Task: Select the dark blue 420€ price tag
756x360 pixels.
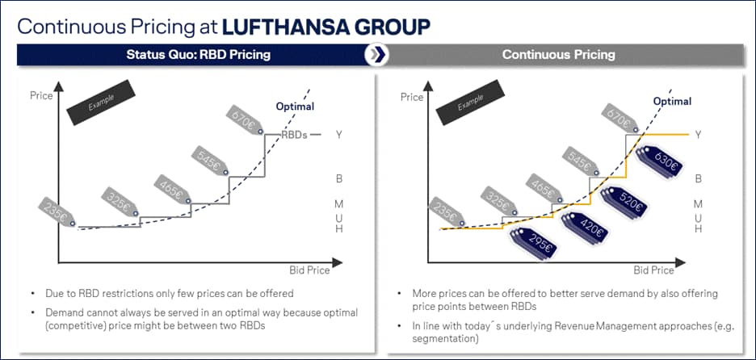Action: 586,228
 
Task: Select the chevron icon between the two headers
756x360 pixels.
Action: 376,54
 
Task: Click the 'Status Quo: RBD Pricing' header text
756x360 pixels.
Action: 198,54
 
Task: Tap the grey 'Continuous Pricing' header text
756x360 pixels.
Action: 558,54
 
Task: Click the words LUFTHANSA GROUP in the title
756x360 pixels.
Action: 326,27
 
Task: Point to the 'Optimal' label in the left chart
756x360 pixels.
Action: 295,107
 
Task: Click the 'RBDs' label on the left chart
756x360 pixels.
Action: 294,135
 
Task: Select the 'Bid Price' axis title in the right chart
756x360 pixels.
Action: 653,270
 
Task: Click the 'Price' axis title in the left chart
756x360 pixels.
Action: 41,95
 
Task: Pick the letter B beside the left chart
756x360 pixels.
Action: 339,179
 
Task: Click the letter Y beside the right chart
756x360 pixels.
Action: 698,135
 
